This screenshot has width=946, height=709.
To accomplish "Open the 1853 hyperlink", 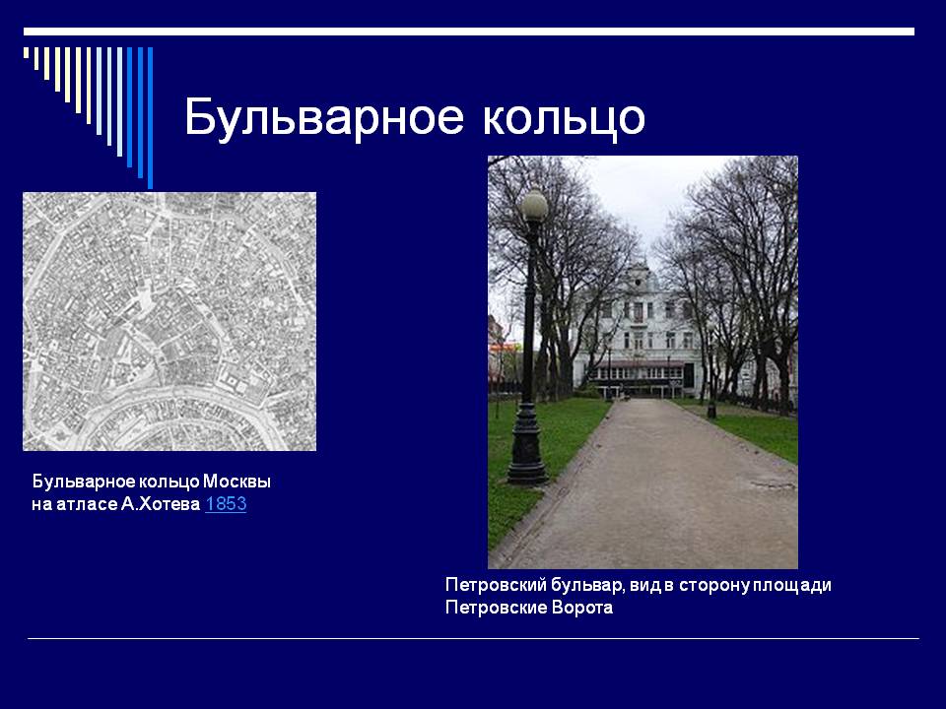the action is (x=226, y=504).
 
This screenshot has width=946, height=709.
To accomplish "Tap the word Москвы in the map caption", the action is (x=236, y=482).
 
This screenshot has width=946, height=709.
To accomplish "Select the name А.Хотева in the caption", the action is (x=161, y=504).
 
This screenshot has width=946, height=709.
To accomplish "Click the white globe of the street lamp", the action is (x=534, y=205).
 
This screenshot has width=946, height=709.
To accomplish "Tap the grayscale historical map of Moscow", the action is (x=169, y=321).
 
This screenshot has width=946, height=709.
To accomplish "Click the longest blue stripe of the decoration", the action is (x=150, y=117).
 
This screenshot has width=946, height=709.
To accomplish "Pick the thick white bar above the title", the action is (x=469, y=32).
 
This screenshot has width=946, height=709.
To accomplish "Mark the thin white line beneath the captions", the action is (x=473, y=638).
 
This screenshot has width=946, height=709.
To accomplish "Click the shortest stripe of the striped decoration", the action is (x=26, y=52).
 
